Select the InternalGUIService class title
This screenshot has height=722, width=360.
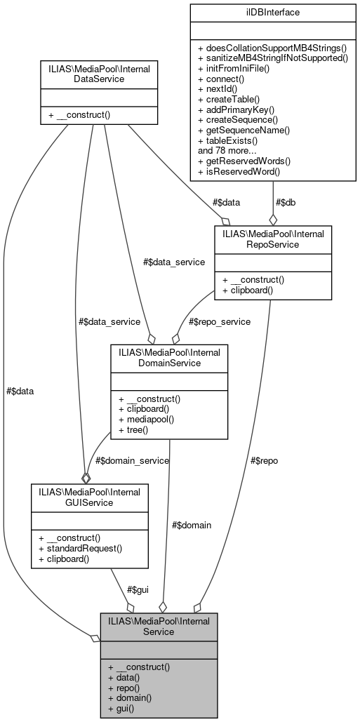pos(85,497)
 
